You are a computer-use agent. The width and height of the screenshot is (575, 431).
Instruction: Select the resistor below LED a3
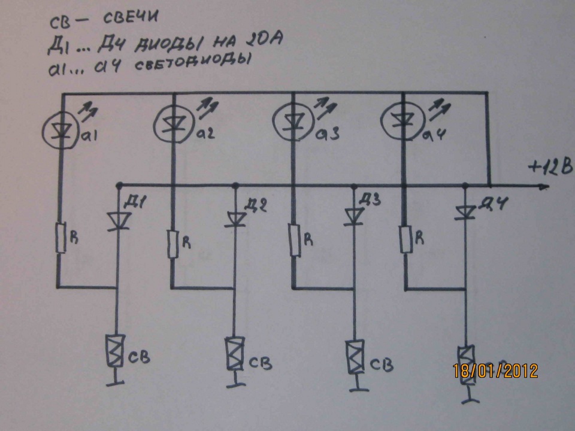click(x=293, y=239)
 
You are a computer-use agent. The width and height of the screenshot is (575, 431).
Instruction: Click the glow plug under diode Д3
click(x=352, y=354)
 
